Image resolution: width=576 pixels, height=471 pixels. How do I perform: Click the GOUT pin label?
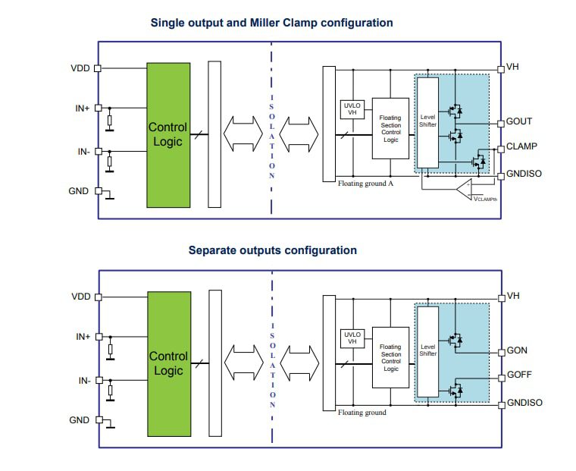coord(519,121)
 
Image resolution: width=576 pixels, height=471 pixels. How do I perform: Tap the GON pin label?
coord(517,350)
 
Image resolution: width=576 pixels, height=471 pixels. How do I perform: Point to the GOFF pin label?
coord(519,375)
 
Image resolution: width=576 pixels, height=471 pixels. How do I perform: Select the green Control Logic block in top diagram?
coord(168,134)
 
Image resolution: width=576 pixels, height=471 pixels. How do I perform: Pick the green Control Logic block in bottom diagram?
coord(168,363)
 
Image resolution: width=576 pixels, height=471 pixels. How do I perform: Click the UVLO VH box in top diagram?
coord(352,109)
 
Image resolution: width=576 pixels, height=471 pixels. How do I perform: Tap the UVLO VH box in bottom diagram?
coord(352,338)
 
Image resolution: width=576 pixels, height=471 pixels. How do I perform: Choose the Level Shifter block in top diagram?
coord(428,122)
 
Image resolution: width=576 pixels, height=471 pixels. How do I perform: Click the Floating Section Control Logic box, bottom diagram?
coord(390,357)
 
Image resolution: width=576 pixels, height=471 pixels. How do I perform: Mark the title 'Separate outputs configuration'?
coord(272,250)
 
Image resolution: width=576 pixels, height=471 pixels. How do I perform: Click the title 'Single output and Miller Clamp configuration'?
coord(272,23)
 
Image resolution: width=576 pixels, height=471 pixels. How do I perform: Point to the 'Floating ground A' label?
coord(367,184)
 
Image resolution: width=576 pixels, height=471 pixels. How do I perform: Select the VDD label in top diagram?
coord(80,68)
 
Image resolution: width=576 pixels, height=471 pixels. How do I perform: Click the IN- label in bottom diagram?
coord(83,380)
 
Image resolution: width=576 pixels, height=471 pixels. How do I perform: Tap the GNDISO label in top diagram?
coord(524,174)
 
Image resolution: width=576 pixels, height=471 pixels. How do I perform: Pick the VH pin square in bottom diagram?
coord(501,297)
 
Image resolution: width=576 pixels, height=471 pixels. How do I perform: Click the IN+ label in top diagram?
coord(83,108)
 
